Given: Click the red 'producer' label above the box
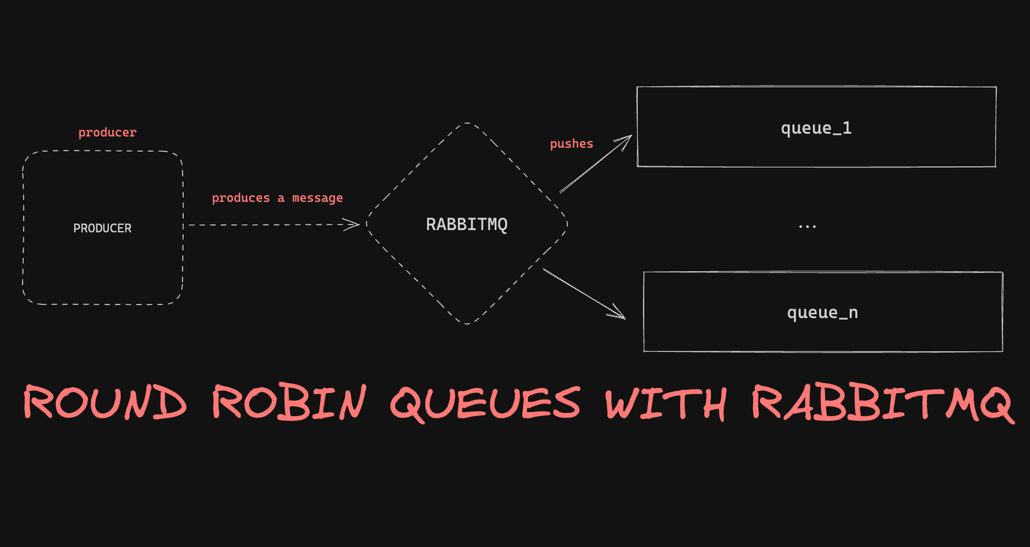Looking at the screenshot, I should [x=107, y=133].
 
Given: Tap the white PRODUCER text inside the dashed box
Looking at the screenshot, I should [x=103, y=228].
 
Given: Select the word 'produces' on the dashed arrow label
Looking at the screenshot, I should [x=241, y=198].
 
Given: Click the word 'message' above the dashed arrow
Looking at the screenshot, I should [x=317, y=198].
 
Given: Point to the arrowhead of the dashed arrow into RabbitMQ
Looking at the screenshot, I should [x=355, y=224].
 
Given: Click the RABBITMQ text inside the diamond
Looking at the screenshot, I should [x=467, y=224].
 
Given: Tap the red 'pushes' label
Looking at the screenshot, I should [x=571, y=144].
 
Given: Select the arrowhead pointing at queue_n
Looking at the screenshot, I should [x=620, y=316].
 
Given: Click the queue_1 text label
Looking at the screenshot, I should [x=816, y=128].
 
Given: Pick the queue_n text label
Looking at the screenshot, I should [x=822, y=312].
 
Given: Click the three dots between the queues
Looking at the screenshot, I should [x=807, y=227].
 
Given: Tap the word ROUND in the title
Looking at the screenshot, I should [x=105, y=402].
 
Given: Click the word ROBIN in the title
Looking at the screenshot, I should [x=289, y=402].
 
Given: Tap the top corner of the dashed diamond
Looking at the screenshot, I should [x=468, y=123].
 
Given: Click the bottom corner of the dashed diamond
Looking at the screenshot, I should [x=467, y=324].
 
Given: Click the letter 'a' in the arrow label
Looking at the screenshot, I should [x=281, y=198].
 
